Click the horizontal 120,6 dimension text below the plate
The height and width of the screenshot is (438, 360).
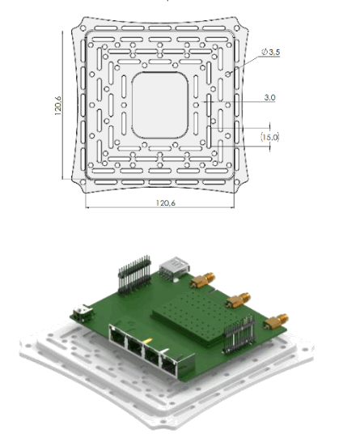(x=163, y=202)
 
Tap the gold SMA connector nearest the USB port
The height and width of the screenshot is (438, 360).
(x=198, y=282)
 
